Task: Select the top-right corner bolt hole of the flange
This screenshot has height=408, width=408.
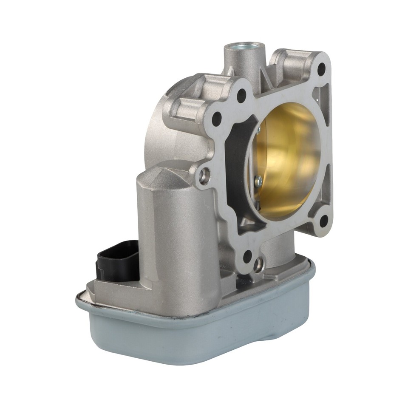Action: [321, 68]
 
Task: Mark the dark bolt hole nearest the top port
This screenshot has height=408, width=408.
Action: [241, 95]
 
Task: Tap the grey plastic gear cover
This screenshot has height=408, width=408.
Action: [204, 336]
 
